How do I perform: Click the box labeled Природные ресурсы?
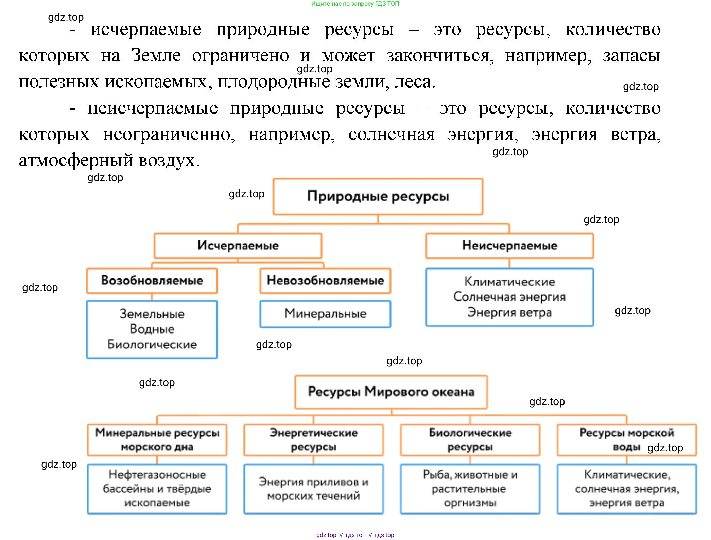tap(378, 196)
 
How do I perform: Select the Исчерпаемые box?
tap(238, 245)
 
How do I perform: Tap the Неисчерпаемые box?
tap(509, 245)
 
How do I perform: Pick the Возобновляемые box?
tap(152, 280)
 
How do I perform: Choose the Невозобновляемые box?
tap(325, 280)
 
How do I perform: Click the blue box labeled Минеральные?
tap(325, 313)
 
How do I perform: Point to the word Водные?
tap(152, 329)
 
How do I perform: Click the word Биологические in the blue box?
tap(152, 344)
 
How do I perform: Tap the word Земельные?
tap(152, 314)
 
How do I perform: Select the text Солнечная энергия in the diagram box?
tap(509, 297)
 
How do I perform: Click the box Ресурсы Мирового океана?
tap(391, 392)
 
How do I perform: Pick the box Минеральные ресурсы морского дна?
tap(157, 439)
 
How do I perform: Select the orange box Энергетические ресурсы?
tap(313, 439)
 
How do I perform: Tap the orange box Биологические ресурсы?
tap(470, 439)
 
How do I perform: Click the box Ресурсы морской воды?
tap(626, 439)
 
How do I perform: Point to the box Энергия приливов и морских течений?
tap(313, 489)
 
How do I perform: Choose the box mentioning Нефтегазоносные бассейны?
tap(157, 489)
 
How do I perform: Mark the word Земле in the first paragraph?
tap(156, 55)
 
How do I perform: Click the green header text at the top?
tap(355, 4)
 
